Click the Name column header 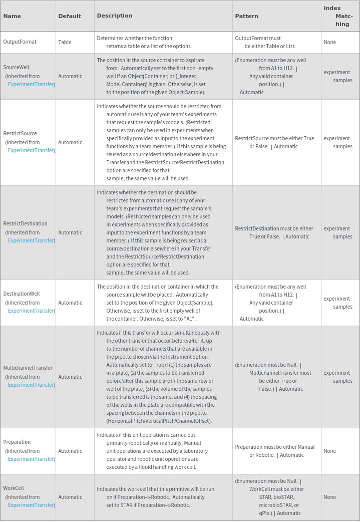[12, 16]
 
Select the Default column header [70, 16]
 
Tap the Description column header [115, 16]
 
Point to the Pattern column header [247, 16]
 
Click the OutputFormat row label [20, 42]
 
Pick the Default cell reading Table [65, 42]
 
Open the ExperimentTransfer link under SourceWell [31, 84]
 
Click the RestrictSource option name [20, 133]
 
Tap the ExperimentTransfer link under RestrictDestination [31, 240]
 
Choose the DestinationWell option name [22, 294]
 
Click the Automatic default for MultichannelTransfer [70, 377]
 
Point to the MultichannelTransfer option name [28, 368]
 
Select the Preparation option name [17, 442]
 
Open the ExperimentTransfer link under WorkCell [31, 505]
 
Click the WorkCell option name [14, 488]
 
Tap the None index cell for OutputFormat [329, 42]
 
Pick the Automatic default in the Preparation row [70, 451]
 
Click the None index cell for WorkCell [329, 497]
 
